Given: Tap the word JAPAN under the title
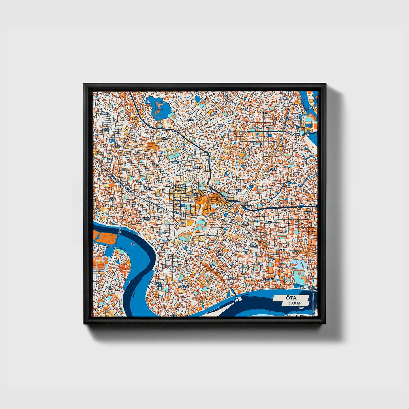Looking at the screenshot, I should [295, 303].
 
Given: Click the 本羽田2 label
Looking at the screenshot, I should [269, 279].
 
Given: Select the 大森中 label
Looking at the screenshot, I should [273, 169].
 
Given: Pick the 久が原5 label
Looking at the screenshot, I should [105, 114].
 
